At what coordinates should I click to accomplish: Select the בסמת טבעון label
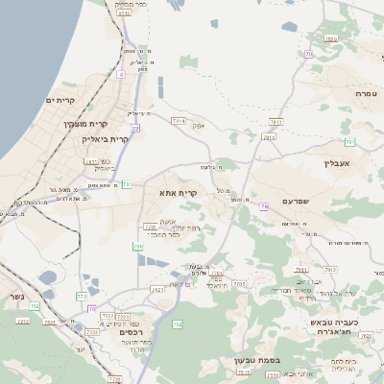point(256,361)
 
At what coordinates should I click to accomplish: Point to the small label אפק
point(199,126)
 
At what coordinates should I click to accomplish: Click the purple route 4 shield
point(121,73)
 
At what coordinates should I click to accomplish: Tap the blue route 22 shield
point(135,127)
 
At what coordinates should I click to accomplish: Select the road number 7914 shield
point(179,121)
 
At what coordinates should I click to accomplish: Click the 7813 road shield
point(276,122)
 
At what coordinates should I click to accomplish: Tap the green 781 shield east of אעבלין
point(351,142)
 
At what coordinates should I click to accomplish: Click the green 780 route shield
point(137,247)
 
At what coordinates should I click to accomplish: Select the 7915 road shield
point(240,284)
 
